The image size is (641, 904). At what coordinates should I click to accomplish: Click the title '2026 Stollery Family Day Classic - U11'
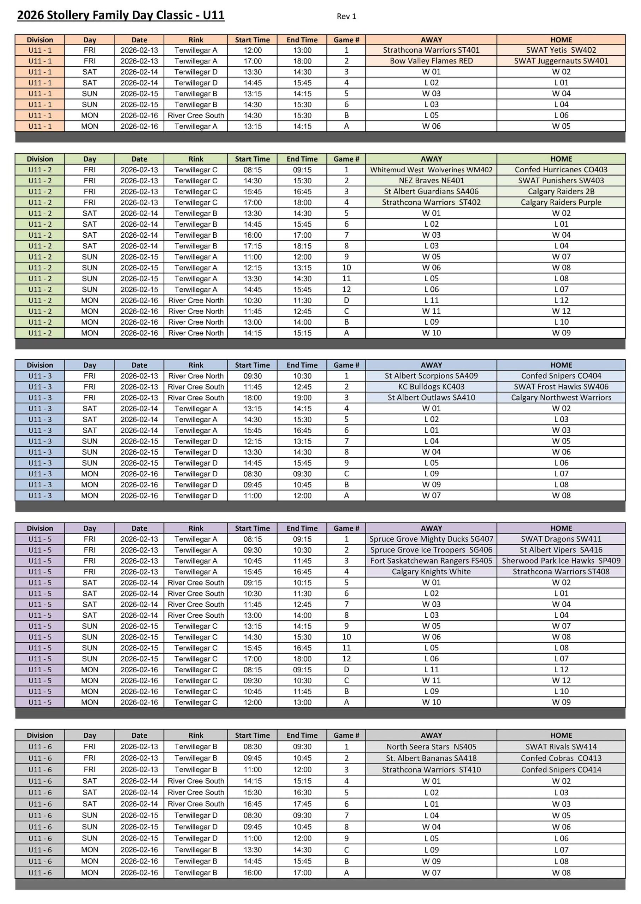tap(121, 16)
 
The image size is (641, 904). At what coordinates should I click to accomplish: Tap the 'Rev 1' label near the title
tap(346, 17)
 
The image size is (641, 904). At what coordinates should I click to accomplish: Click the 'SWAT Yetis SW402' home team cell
tap(561, 50)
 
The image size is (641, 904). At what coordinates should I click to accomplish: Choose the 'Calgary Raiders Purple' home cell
tap(561, 202)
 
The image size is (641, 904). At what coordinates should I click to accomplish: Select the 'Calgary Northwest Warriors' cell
tap(561, 398)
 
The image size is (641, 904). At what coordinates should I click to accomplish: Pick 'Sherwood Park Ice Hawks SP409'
tap(561, 561)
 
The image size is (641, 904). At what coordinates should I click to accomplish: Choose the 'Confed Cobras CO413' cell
tap(561, 758)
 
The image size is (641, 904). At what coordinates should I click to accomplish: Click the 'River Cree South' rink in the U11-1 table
tap(196, 115)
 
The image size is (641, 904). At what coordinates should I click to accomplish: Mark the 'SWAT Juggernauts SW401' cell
tap(561, 61)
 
